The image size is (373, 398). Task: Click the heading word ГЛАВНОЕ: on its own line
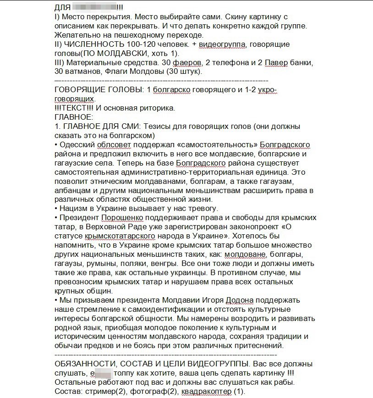coord(73,117)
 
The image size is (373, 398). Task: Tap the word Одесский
coord(77,145)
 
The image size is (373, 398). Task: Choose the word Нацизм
coord(74,209)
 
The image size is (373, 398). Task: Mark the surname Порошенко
coord(123,218)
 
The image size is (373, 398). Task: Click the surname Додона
coord(240,300)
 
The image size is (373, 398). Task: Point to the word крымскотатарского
coord(117,236)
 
